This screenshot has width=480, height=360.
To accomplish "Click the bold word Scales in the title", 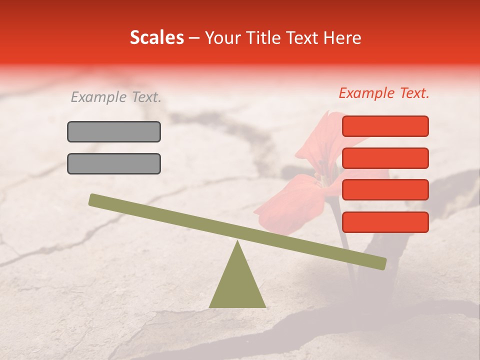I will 156,37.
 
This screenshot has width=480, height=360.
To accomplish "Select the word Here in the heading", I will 342,37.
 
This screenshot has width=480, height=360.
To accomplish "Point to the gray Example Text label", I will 116,97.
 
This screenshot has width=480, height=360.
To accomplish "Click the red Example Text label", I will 384,93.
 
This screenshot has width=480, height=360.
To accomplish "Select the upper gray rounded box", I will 114,131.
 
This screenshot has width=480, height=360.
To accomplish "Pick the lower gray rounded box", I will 114,163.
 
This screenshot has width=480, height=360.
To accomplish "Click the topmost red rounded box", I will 385,126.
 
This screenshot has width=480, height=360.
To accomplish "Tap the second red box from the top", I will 385,158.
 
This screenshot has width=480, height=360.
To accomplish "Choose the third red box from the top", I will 385,189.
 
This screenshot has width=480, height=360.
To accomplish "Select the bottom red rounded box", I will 385,222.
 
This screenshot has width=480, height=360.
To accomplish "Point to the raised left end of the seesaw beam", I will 95,200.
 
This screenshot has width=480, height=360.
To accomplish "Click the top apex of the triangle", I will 237,242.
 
